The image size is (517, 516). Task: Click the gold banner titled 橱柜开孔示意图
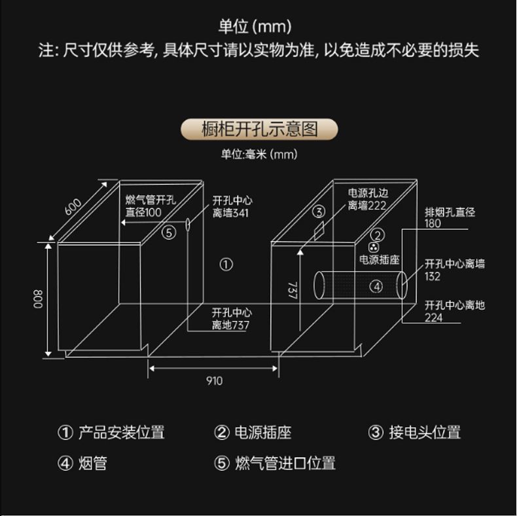258,129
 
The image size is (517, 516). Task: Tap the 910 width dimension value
214,380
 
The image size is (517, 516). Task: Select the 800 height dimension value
37,300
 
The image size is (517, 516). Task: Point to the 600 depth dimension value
74,206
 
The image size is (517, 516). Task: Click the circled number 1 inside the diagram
226,265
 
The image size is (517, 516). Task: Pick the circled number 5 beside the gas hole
169,231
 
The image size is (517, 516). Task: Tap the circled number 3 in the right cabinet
319,212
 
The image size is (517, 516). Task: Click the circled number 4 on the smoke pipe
376,286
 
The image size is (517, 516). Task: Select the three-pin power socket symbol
374,248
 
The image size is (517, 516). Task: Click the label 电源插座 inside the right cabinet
379,259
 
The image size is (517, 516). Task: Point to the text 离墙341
230,213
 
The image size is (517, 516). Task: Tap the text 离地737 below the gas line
230,325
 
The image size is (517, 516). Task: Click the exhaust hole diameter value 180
433,223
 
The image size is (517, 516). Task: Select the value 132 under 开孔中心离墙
433,276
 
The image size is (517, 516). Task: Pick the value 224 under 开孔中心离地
433,318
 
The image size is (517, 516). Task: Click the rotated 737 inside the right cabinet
291,290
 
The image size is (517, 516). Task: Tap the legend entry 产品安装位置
121,432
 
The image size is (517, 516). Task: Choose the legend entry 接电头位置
425,432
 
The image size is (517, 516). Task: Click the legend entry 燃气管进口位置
285,464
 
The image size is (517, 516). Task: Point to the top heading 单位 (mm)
255,27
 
